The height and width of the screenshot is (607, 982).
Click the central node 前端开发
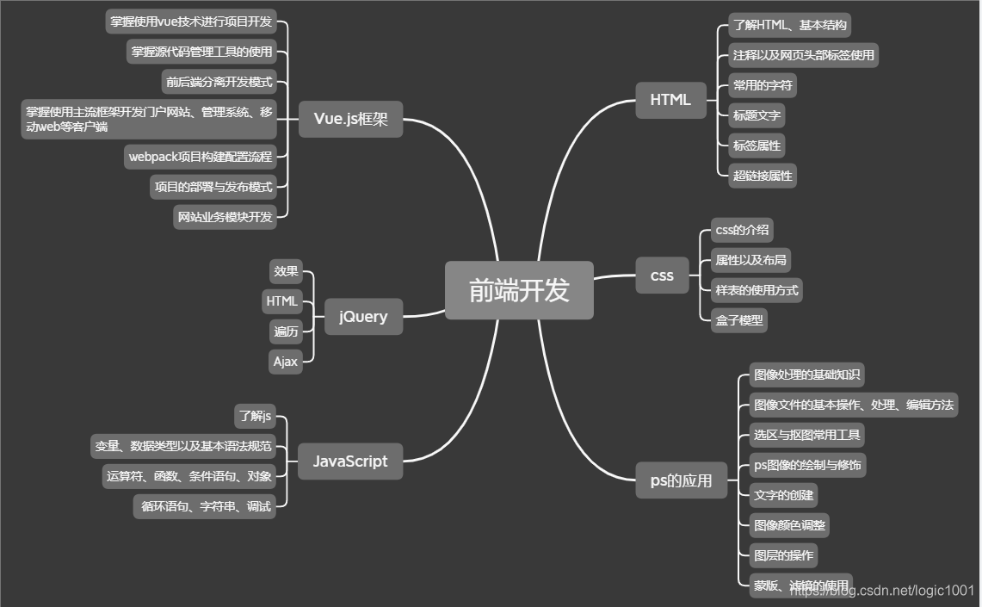tap(519, 290)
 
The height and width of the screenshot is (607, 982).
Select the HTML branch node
tap(670, 99)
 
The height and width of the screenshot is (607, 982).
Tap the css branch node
tap(662, 276)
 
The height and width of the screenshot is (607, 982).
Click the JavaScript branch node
tap(349, 461)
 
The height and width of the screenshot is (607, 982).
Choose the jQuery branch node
tap(362, 316)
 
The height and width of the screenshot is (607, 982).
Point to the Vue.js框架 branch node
tap(350, 119)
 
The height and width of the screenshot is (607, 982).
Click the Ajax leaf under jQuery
tap(286, 362)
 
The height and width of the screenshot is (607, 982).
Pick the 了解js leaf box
tap(256, 417)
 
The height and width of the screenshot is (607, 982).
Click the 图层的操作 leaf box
tap(782, 554)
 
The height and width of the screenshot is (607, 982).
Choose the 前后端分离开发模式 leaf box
tap(219, 82)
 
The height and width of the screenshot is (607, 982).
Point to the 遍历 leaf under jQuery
tap(286, 331)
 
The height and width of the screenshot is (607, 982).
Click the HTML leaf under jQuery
tap(282, 301)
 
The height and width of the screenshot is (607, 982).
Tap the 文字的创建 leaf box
tap(782, 495)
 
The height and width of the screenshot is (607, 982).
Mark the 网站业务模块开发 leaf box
tap(225, 217)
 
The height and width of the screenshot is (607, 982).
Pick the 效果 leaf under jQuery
tap(286, 271)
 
